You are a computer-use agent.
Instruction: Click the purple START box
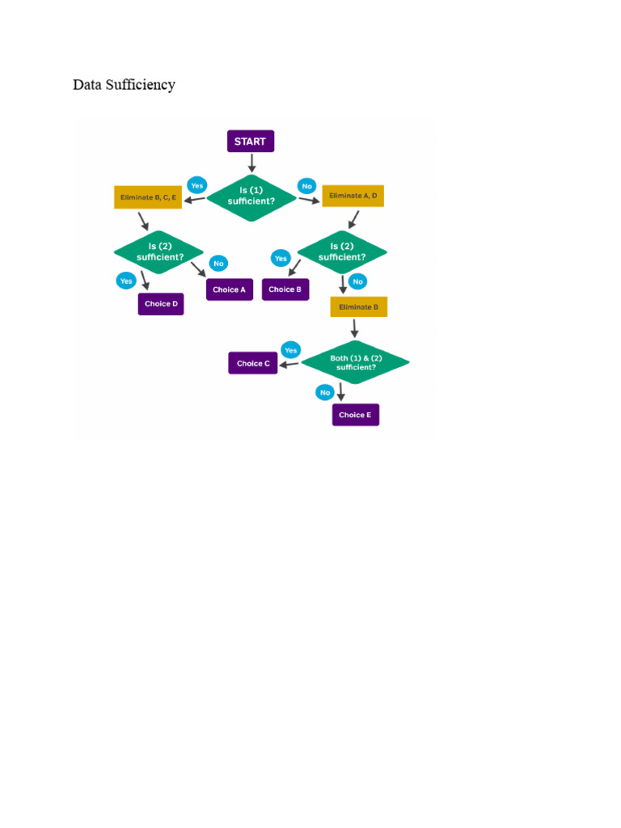pyautogui.click(x=251, y=141)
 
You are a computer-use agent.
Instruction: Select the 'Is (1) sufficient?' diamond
pyautogui.click(x=251, y=197)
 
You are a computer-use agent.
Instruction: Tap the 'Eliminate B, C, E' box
pyautogui.click(x=148, y=197)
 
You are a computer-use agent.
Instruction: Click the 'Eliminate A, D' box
pyautogui.click(x=353, y=196)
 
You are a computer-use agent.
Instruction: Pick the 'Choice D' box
pyautogui.click(x=161, y=304)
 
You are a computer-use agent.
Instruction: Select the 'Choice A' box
pyautogui.click(x=229, y=289)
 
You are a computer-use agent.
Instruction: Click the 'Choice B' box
pyautogui.click(x=285, y=289)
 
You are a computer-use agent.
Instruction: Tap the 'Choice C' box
pyautogui.click(x=253, y=363)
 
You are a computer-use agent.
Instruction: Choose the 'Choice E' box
pyautogui.click(x=356, y=415)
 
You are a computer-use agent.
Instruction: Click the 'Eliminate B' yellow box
pyautogui.click(x=358, y=306)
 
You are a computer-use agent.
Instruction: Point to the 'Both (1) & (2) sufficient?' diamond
pyautogui.click(x=356, y=362)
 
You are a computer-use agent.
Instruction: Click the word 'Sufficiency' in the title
pyautogui.click(x=141, y=85)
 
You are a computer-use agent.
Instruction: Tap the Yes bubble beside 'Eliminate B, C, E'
pyautogui.click(x=197, y=185)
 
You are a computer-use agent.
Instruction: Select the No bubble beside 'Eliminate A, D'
pyautogui.click(x=306, y=186)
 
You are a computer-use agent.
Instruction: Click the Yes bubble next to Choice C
pyautogui.click(x=291, y=350)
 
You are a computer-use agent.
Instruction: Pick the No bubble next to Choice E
pyautogui.click(x=325, y=392)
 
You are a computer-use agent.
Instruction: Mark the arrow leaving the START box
pyautogui.click(x=251, y=163)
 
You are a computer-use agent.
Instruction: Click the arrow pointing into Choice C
pyautogui.click(x=289, y=365)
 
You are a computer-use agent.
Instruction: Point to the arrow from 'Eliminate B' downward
pyautogui.click(x=355, y=328)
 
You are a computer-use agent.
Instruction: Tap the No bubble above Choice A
pyautogui.click(x=218, y=264)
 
